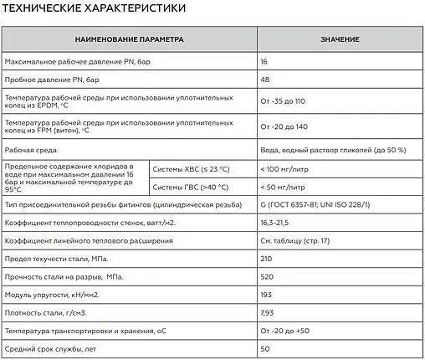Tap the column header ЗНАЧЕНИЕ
[x=339, y=40]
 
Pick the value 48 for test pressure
[x=265, y=80]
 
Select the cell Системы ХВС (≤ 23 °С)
[x=191, y=168]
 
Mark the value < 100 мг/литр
[x=286, y=168]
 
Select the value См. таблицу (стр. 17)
[x=296, y=241]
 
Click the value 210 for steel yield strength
[x=267, y=260]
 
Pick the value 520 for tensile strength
[x=267, y=277]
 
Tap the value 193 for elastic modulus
[x=267, y=296]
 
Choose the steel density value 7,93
[x=269, y=313]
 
